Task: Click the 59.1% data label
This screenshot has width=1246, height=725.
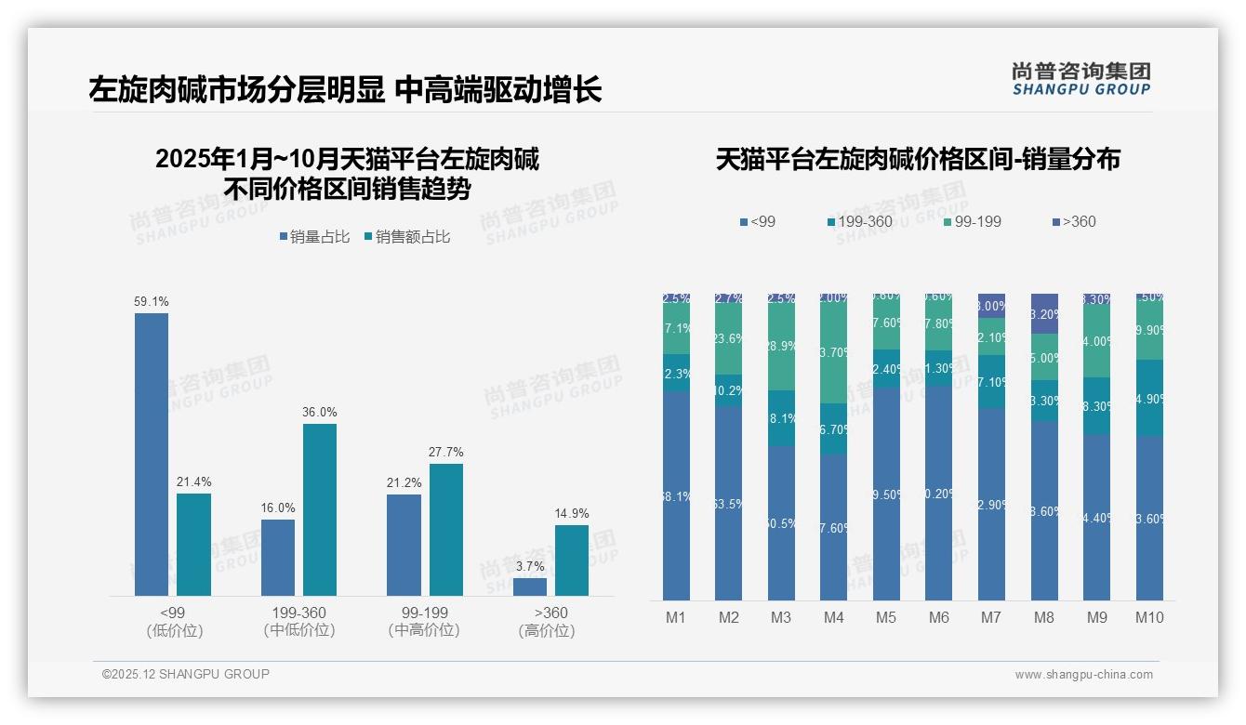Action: [152, 302]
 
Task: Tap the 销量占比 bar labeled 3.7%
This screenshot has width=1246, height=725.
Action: [530, 587]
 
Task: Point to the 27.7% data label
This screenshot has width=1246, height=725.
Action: [445, 453]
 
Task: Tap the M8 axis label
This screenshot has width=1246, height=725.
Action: [1044, 617]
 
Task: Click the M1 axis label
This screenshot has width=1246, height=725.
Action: [676, 617]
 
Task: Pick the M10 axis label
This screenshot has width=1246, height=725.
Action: [1149, 617]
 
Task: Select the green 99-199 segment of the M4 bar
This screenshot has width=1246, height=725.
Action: [834, 353]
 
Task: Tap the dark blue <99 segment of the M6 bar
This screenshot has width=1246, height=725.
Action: [939, 493]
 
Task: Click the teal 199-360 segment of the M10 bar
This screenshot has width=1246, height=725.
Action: [1149, 398]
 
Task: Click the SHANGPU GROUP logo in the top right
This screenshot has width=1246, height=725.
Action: [1080, 79]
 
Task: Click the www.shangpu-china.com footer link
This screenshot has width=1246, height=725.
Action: [1083, 675]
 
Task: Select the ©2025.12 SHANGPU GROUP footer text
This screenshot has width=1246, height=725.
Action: [186, 674]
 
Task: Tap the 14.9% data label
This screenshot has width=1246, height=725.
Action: [572, 514]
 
